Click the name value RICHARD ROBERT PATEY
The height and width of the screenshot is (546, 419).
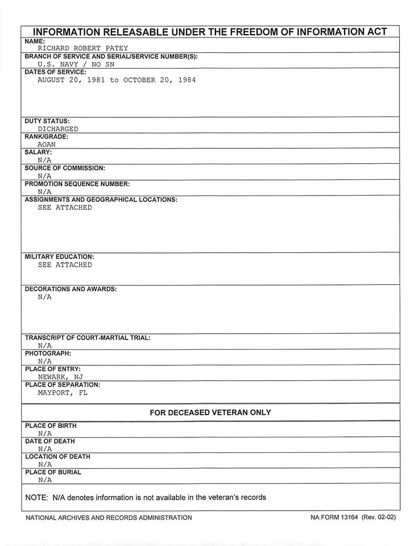(84, 49)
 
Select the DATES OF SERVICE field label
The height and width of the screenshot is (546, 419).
(56, 72)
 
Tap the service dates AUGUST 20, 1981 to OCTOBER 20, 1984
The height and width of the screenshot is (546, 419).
(117, 80)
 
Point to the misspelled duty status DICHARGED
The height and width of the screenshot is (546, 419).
(58, 129)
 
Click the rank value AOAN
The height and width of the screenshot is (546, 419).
(47, 144)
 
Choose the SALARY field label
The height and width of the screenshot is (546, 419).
(39, 152)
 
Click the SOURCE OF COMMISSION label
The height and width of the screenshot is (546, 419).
(65, 168)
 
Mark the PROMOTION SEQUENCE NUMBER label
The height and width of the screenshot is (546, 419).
(77, 184)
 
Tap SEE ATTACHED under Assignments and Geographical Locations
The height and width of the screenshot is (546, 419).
(64, 208)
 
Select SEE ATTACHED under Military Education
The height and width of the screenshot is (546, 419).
(64, 265)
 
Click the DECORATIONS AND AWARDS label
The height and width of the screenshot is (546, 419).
(71, 289)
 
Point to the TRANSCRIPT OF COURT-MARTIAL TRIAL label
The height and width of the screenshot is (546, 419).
(88, 338)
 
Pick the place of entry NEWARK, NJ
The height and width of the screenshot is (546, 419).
(60, 377)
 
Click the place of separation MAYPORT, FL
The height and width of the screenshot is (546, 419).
(63, 392)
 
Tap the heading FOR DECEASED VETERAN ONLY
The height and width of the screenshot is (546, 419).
(210, 412)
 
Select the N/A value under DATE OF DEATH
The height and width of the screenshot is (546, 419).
(45, 449)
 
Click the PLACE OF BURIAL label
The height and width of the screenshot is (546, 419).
(53, 472)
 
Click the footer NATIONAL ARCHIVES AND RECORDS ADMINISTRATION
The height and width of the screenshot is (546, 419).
(109, 518)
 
